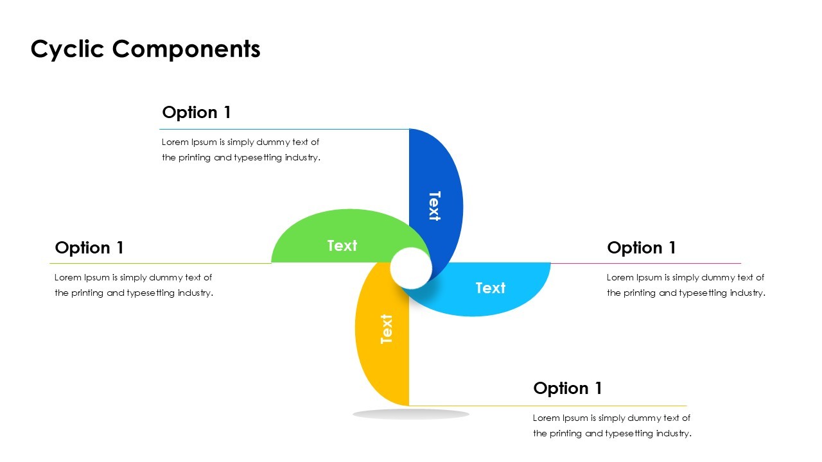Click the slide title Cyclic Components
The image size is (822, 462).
pyautogui.click(x=145, y=49)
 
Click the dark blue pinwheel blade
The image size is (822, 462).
pyautogui.click(x=443, y=167)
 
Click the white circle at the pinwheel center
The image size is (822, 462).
pyautogui.click(x=411, y=268)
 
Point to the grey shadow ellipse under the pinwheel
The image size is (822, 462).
pyautogui.click(x=411, y=415)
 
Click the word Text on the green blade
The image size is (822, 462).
pyautogui.click(x=342, y=246)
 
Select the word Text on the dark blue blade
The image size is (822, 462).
pyautogui.click(x=435, y=206)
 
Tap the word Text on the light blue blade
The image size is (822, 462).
pyautogui.click(x=491, y=288)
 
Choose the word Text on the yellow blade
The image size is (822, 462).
pyautogui.click(x=387, y=329)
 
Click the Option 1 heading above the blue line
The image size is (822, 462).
pyautogui.click(x=197, y=112)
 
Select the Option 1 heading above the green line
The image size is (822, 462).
pyautogui.click(x=89, y=248)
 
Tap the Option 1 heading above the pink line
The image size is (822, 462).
pyautogui.click(x=642, y=248)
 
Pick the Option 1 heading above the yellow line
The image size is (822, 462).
pyautogui.click(x=568, y=388)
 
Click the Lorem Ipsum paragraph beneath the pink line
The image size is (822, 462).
pyautogui.click(x=686, y=286)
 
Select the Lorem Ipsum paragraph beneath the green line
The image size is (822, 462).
pyautogui.click(x=134, y=286)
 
